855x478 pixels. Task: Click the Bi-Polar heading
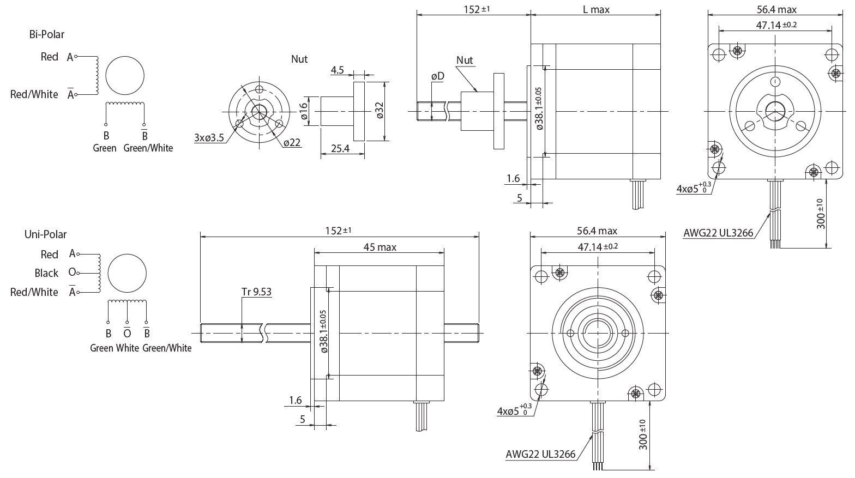[x=46, y=34]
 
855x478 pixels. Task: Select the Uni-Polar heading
[x=45, y=234]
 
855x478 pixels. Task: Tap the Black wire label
[x=46, y=273]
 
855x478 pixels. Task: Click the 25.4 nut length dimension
[x=339, y=148]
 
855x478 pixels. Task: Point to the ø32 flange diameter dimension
[x=380, y=110]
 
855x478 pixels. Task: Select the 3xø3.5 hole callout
[x=209, y=138]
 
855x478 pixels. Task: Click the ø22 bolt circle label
[x=292, y=142]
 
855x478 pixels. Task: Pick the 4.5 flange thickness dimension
[x=337, y=70]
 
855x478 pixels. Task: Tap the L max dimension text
[x=596, y=9]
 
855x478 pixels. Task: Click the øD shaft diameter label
[x=437, y=76]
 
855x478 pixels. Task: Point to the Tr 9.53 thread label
[x=256, y=292]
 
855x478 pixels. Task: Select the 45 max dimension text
[x=380, y=247]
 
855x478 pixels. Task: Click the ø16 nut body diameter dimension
[x=304, y=111]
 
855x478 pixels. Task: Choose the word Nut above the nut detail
[x=299, y=59]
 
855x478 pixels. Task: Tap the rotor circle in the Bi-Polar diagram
[x=125, y=75]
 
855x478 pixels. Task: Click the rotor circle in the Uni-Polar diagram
[x=127, y=273]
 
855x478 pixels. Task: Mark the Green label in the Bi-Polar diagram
[x=104, y=148]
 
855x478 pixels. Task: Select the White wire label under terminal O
[x=128, y=348]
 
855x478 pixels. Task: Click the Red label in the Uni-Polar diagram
[x=49, y=255]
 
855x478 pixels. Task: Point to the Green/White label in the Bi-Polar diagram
[x=148, y=148]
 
